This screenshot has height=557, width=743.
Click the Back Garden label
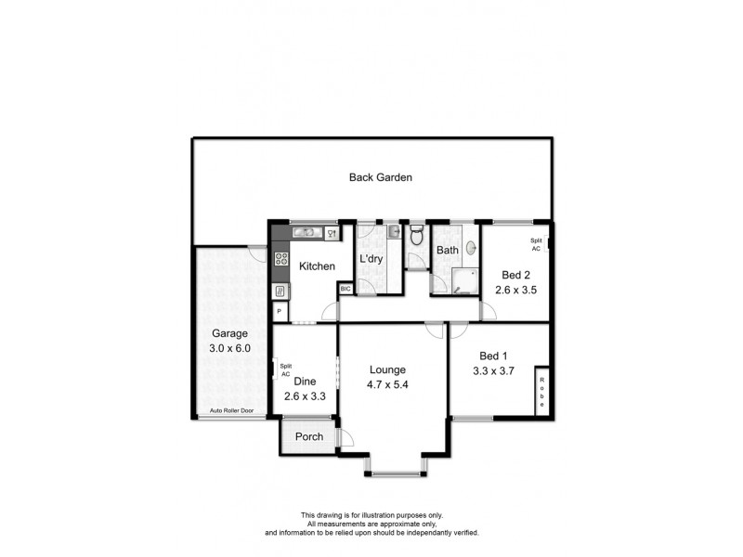(380, 177)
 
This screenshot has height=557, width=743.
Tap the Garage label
(229, 333)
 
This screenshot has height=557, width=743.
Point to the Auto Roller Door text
(231, 410)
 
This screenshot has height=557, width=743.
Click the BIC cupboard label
(345, 289)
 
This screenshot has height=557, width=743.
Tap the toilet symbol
(416, 234)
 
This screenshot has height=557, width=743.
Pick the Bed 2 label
(516, 275)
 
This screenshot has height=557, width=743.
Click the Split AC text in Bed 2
(535, 245)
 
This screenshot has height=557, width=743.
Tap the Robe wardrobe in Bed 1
(541, 391)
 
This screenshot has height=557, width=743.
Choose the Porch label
(309, 437)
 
